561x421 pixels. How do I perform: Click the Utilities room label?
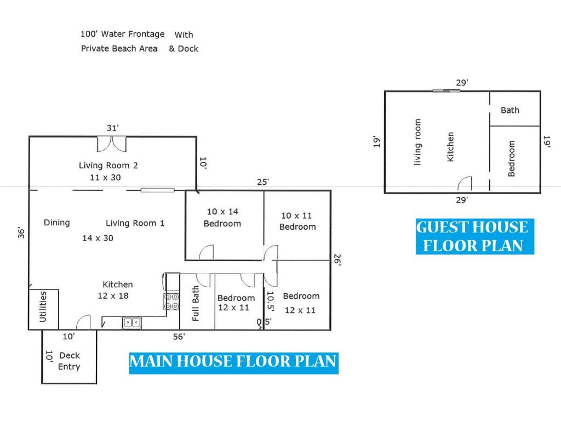(43, 307)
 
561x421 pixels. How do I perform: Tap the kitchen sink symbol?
(132, 322)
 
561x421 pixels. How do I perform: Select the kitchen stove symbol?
(171, 301)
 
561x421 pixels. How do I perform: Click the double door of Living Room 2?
(112, 144)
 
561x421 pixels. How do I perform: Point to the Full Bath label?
(196, 303)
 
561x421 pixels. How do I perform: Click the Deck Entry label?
(70, 361)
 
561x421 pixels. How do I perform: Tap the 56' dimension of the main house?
(179, 337)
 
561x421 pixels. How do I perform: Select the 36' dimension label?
(21, 232)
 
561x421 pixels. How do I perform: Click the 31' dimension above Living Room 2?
(112, 128)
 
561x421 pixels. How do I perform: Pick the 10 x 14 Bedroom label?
(222, 217)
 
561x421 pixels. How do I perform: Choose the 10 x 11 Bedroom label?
(297, 221)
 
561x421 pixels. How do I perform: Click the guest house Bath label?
(510, 110)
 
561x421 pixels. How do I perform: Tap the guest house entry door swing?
(465, 183)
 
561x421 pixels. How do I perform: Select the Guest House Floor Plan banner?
(475, 236)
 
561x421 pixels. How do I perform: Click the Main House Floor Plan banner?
(233, 362)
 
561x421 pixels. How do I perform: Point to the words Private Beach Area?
(119, 48)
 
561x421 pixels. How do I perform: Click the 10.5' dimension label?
(271, 301)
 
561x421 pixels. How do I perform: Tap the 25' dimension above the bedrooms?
(262, 182)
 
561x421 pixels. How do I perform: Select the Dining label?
(56, 223)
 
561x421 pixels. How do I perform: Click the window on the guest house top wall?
(446, 91)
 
